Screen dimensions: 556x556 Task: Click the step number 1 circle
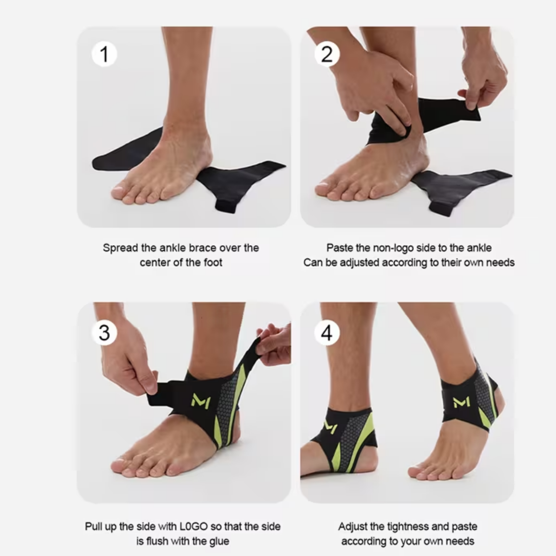tap(104, 54)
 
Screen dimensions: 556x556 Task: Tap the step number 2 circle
tap(327, 54)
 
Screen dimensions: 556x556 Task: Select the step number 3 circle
tap(104, 333)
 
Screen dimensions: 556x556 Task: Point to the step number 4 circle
tap(327, 333)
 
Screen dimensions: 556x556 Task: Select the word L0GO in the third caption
tap(194, 527)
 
